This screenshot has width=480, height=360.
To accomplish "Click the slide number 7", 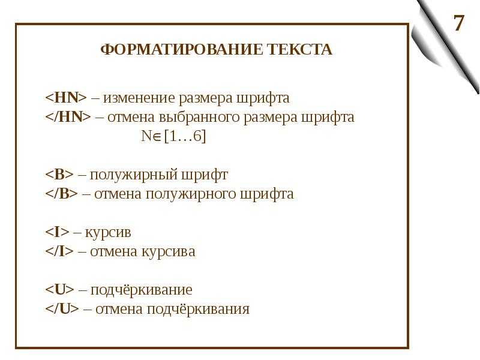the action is click(x=458, y=23).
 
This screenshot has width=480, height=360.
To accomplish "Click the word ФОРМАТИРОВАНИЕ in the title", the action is click(x=182, y=49).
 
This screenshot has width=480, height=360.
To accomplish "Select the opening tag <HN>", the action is click(x=66, y=98).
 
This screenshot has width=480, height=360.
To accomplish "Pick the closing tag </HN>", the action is click(x=68, y=117).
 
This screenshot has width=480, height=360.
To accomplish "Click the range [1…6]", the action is click(x=185, y=136).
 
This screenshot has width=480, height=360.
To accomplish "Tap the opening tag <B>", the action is click(x=59, y=175).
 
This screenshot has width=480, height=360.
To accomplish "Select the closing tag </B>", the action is click(x=62, y=194).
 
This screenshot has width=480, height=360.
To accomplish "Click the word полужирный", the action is click(x=133, y=175).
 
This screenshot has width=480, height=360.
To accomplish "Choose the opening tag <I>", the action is click(x=57, y=232).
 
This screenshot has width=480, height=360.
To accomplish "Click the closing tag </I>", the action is click(x=59, y=251).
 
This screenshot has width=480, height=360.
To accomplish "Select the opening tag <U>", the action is click(x=59, y=290).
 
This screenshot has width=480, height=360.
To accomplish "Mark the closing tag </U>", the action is click(x=62, y=309).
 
